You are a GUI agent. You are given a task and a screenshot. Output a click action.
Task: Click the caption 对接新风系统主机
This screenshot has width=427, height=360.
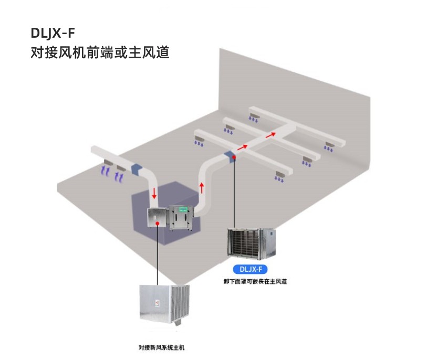[161, 347]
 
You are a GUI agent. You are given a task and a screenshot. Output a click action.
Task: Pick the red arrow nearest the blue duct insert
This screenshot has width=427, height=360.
[242, 147]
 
